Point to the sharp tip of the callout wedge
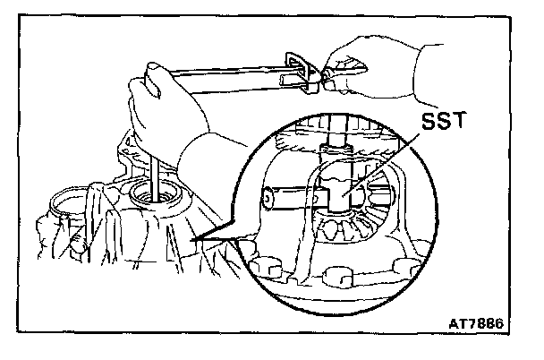tap(191, 243)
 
